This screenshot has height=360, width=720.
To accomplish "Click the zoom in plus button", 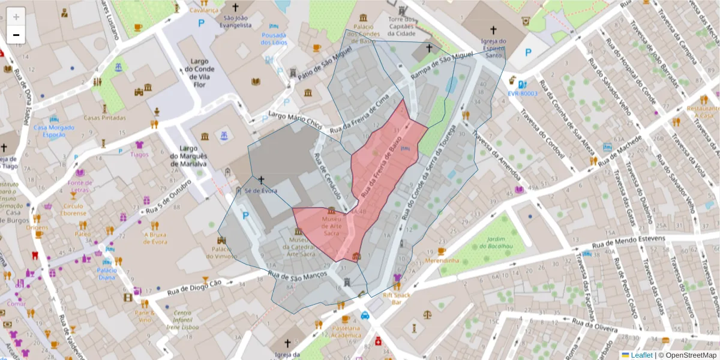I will [x=16, y=16].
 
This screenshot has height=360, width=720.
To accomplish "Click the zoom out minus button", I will [x=16, y=34].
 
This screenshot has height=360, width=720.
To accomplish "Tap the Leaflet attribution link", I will [x=641, y=355].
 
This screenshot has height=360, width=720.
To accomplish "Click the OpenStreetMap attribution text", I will [x=690, y=355].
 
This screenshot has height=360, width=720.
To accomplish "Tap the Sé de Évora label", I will [x=261, y=191].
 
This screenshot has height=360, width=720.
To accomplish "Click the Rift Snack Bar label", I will [x=396, y=299].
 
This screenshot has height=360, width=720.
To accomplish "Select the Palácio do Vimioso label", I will [x=221, y=252].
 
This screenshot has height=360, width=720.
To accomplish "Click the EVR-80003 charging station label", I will [x=522, y=94].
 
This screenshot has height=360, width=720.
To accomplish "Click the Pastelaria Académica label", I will [x=346, y=332].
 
